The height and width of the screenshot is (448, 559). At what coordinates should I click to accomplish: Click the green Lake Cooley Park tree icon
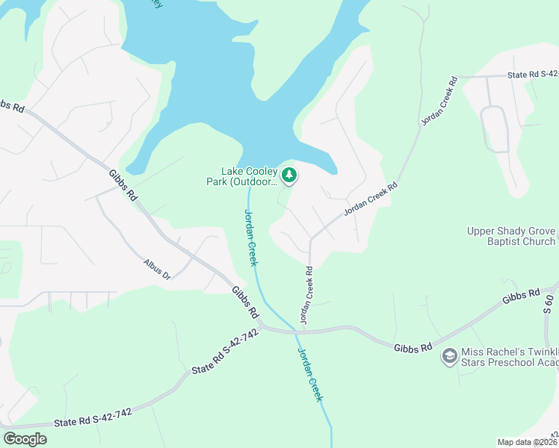coord(289,176)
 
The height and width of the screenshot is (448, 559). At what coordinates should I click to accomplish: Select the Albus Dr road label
coord(157,270)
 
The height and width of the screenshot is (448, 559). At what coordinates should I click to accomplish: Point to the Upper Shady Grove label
coord(511,231)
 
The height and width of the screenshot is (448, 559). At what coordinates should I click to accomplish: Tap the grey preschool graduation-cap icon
coord(449,355)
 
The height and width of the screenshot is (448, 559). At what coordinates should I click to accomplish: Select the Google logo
coord(25,439)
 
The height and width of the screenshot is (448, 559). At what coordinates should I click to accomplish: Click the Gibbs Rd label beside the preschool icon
coord(413,346)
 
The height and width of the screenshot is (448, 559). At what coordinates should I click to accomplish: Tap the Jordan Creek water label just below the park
coord(251,237)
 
